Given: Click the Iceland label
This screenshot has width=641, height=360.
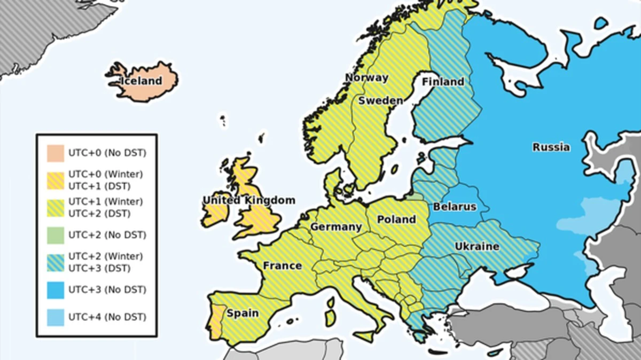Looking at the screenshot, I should tap(142, 81).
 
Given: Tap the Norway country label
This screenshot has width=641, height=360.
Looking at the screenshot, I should tap(366, 77).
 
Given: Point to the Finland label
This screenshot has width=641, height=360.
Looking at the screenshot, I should tap(443, 82).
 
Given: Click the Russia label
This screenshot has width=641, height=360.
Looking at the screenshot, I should tap(551, 147).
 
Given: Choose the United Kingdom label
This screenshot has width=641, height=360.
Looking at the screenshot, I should tap(249, 200).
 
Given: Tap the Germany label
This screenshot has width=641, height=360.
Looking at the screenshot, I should tap(336, 227).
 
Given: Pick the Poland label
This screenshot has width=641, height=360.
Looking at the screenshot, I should tap(396, 220).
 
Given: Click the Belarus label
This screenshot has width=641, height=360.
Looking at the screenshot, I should tap(454, 206).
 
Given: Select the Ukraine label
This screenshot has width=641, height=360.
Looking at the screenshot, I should tap(477, 246).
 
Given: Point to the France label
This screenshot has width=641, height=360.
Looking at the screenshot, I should tap(282, 265).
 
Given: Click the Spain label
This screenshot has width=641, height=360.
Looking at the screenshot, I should tap(243, 313).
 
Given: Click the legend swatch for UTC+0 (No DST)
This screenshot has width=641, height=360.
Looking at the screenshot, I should tap(56, 153).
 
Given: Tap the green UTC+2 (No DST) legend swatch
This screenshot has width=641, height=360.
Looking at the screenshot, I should tap(56, 235).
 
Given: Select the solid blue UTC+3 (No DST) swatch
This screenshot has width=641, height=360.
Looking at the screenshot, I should tap(56, 290).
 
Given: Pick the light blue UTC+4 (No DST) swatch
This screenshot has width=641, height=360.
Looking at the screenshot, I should tap(56, 317).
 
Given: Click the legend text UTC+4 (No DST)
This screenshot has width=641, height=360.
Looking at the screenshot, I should tap(107, 317).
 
